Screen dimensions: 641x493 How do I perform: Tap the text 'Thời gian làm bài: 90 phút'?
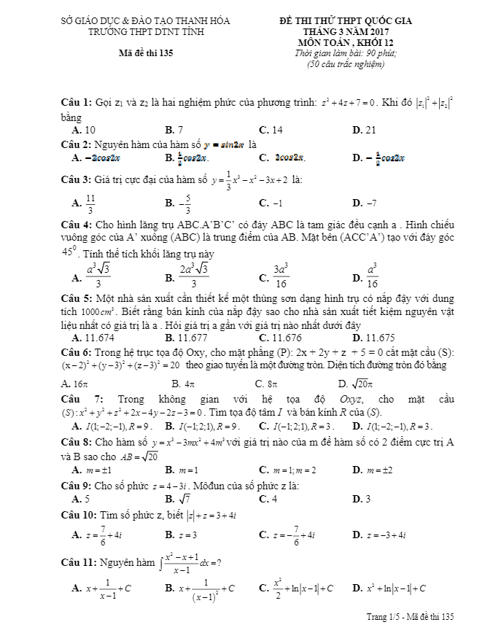(346, 54)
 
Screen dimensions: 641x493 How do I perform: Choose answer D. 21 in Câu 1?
(364, 130)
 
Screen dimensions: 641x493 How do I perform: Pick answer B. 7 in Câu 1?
(174, 130)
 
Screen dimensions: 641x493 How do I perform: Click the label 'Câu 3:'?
(77, 179)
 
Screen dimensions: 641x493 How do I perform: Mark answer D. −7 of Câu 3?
(364, 203)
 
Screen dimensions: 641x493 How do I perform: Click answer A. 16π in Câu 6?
(75, 383)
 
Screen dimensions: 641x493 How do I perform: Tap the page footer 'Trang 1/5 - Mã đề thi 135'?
(410, 617)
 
